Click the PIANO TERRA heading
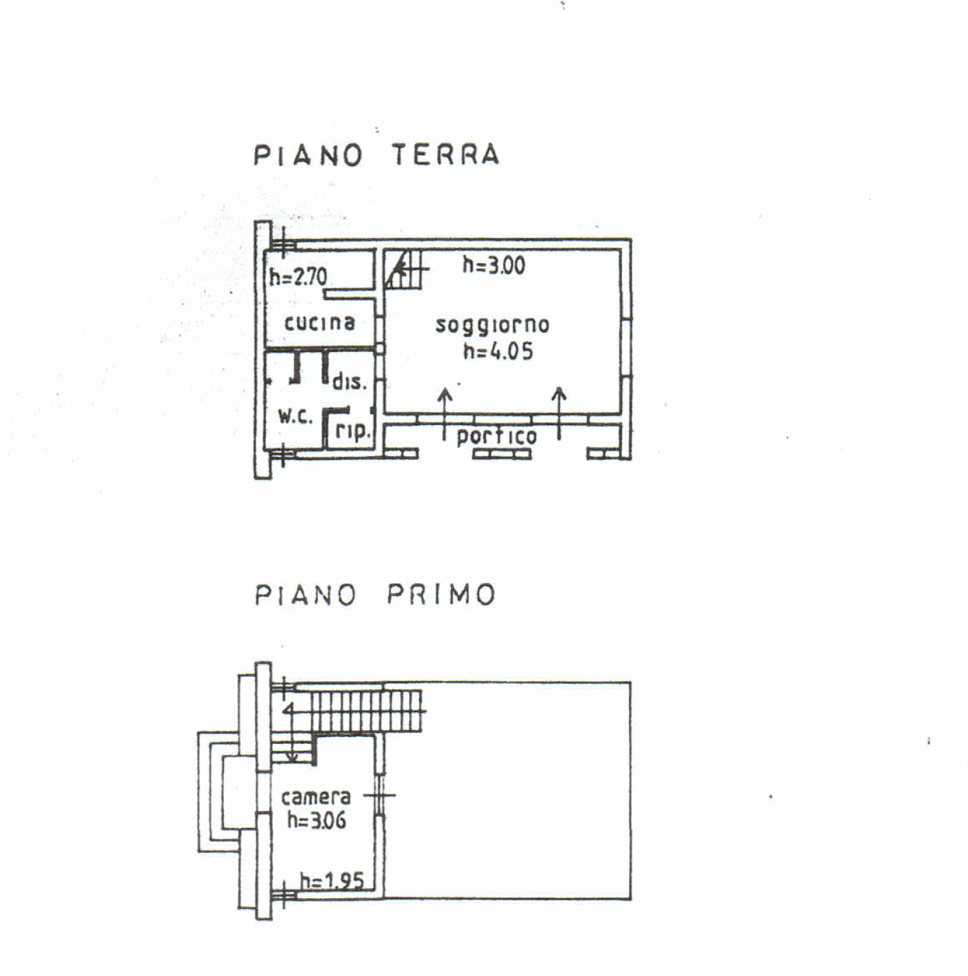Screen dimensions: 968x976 point(376,154)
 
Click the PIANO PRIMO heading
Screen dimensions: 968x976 point(374,594)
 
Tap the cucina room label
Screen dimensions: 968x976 point(320,323)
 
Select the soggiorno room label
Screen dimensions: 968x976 point(493,326)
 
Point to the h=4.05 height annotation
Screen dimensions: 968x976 point(498,351)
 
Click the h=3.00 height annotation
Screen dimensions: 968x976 point(493,265)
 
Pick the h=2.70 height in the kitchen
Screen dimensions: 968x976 point(298,277)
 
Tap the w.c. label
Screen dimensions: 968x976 point(295,416)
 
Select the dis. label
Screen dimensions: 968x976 point(349,381)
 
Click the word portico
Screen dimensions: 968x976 point(497,437)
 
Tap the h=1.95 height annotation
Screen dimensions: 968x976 point(332,881)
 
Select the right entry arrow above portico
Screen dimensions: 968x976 point(559,414)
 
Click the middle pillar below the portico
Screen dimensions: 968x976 point(502,453)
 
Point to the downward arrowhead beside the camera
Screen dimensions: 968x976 point(291,758)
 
